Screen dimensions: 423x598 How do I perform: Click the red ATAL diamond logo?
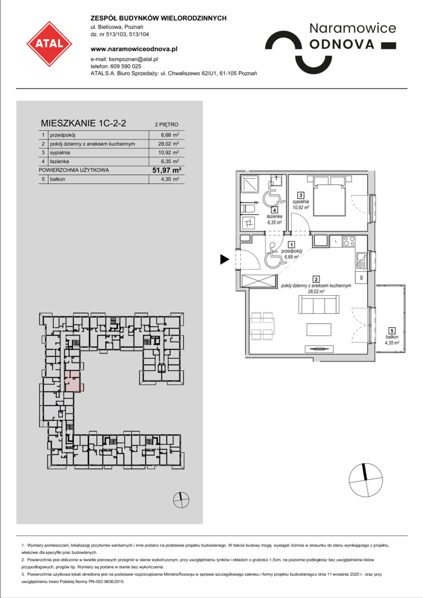tap(49, 44)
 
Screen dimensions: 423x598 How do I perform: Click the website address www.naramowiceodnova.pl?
tap(134, 49)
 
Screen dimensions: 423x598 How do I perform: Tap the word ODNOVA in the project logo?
tap(342, 44)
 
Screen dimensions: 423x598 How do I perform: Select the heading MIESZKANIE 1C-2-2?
tap(84, 123)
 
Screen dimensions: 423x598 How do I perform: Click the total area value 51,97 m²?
tap(166, 170)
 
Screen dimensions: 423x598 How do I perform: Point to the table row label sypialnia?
tap(60, 153)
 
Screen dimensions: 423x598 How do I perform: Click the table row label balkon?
tap(58, 179)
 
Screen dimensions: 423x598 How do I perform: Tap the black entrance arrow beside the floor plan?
tap(225, 259)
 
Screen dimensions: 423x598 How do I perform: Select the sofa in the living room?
tap(317, 306)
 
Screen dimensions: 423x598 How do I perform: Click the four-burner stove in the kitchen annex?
tap(349, 241)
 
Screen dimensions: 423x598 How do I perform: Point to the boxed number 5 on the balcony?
tap(392, 331)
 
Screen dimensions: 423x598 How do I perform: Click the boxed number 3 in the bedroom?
tap(301, 195)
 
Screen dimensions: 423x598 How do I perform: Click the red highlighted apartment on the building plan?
tap(73, 380)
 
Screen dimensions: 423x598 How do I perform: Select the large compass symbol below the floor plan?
tap(365, 480)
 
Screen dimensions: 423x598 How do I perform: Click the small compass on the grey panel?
tap(181, 499)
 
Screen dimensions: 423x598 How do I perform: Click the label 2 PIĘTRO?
tap(166, 125)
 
